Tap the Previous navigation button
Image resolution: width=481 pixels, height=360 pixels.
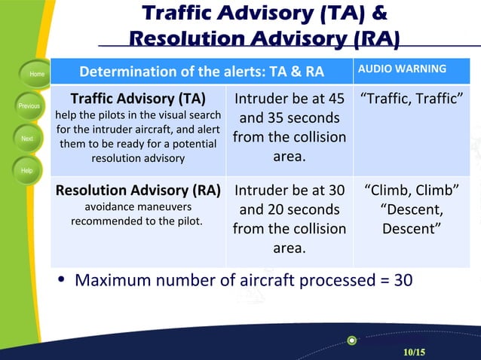(29, 106)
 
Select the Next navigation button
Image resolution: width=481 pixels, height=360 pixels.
(28, 139)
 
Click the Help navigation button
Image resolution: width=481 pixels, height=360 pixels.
(27, 171)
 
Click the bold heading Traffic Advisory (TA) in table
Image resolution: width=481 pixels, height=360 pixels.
(138, 99)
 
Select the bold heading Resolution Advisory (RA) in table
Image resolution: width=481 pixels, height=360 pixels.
(138, 190)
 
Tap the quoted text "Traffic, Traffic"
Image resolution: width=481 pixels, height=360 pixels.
(411, 99)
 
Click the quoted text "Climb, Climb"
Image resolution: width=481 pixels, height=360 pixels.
(411, 190)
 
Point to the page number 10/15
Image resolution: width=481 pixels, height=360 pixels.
(414, 352)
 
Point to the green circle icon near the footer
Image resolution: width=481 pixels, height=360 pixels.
(351, 340)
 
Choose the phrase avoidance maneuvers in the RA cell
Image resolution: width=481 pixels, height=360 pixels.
(137, 206)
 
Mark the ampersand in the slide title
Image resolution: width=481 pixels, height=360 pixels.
(378, 13)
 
